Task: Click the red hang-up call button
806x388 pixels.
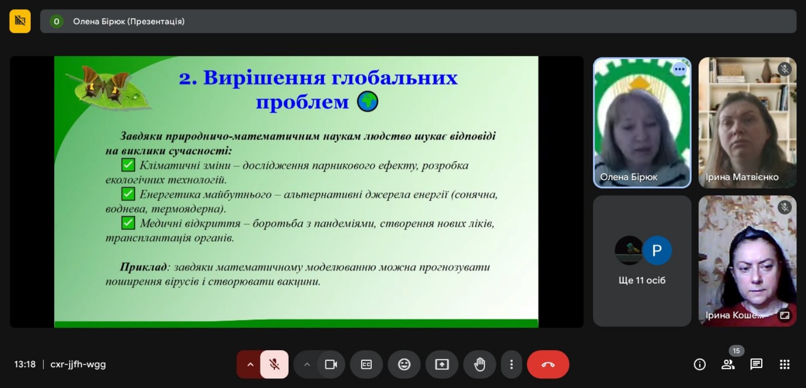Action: [548, 364]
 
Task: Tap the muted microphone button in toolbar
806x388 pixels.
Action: [274, 364]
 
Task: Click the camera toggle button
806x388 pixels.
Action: [330, 364]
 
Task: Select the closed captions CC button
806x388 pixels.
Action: [366, 364]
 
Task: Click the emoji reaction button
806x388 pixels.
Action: [404, 364]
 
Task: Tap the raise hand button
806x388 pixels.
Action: [479, 364]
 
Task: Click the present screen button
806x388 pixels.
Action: [441, 364]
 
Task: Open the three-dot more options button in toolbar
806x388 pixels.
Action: [511, 364]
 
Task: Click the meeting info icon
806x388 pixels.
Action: [699, 364]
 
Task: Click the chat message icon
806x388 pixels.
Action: [756, 364]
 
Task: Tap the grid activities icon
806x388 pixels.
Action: [784, 364]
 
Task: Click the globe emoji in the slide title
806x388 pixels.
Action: [367, 101]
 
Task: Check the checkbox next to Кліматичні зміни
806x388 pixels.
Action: [128, 165]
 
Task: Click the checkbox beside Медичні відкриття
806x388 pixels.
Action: [128, 223]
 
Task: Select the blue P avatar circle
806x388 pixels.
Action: [657, 250]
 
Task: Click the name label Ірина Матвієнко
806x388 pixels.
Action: [742, 177]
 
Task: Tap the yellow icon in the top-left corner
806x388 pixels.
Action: [20, 21]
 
